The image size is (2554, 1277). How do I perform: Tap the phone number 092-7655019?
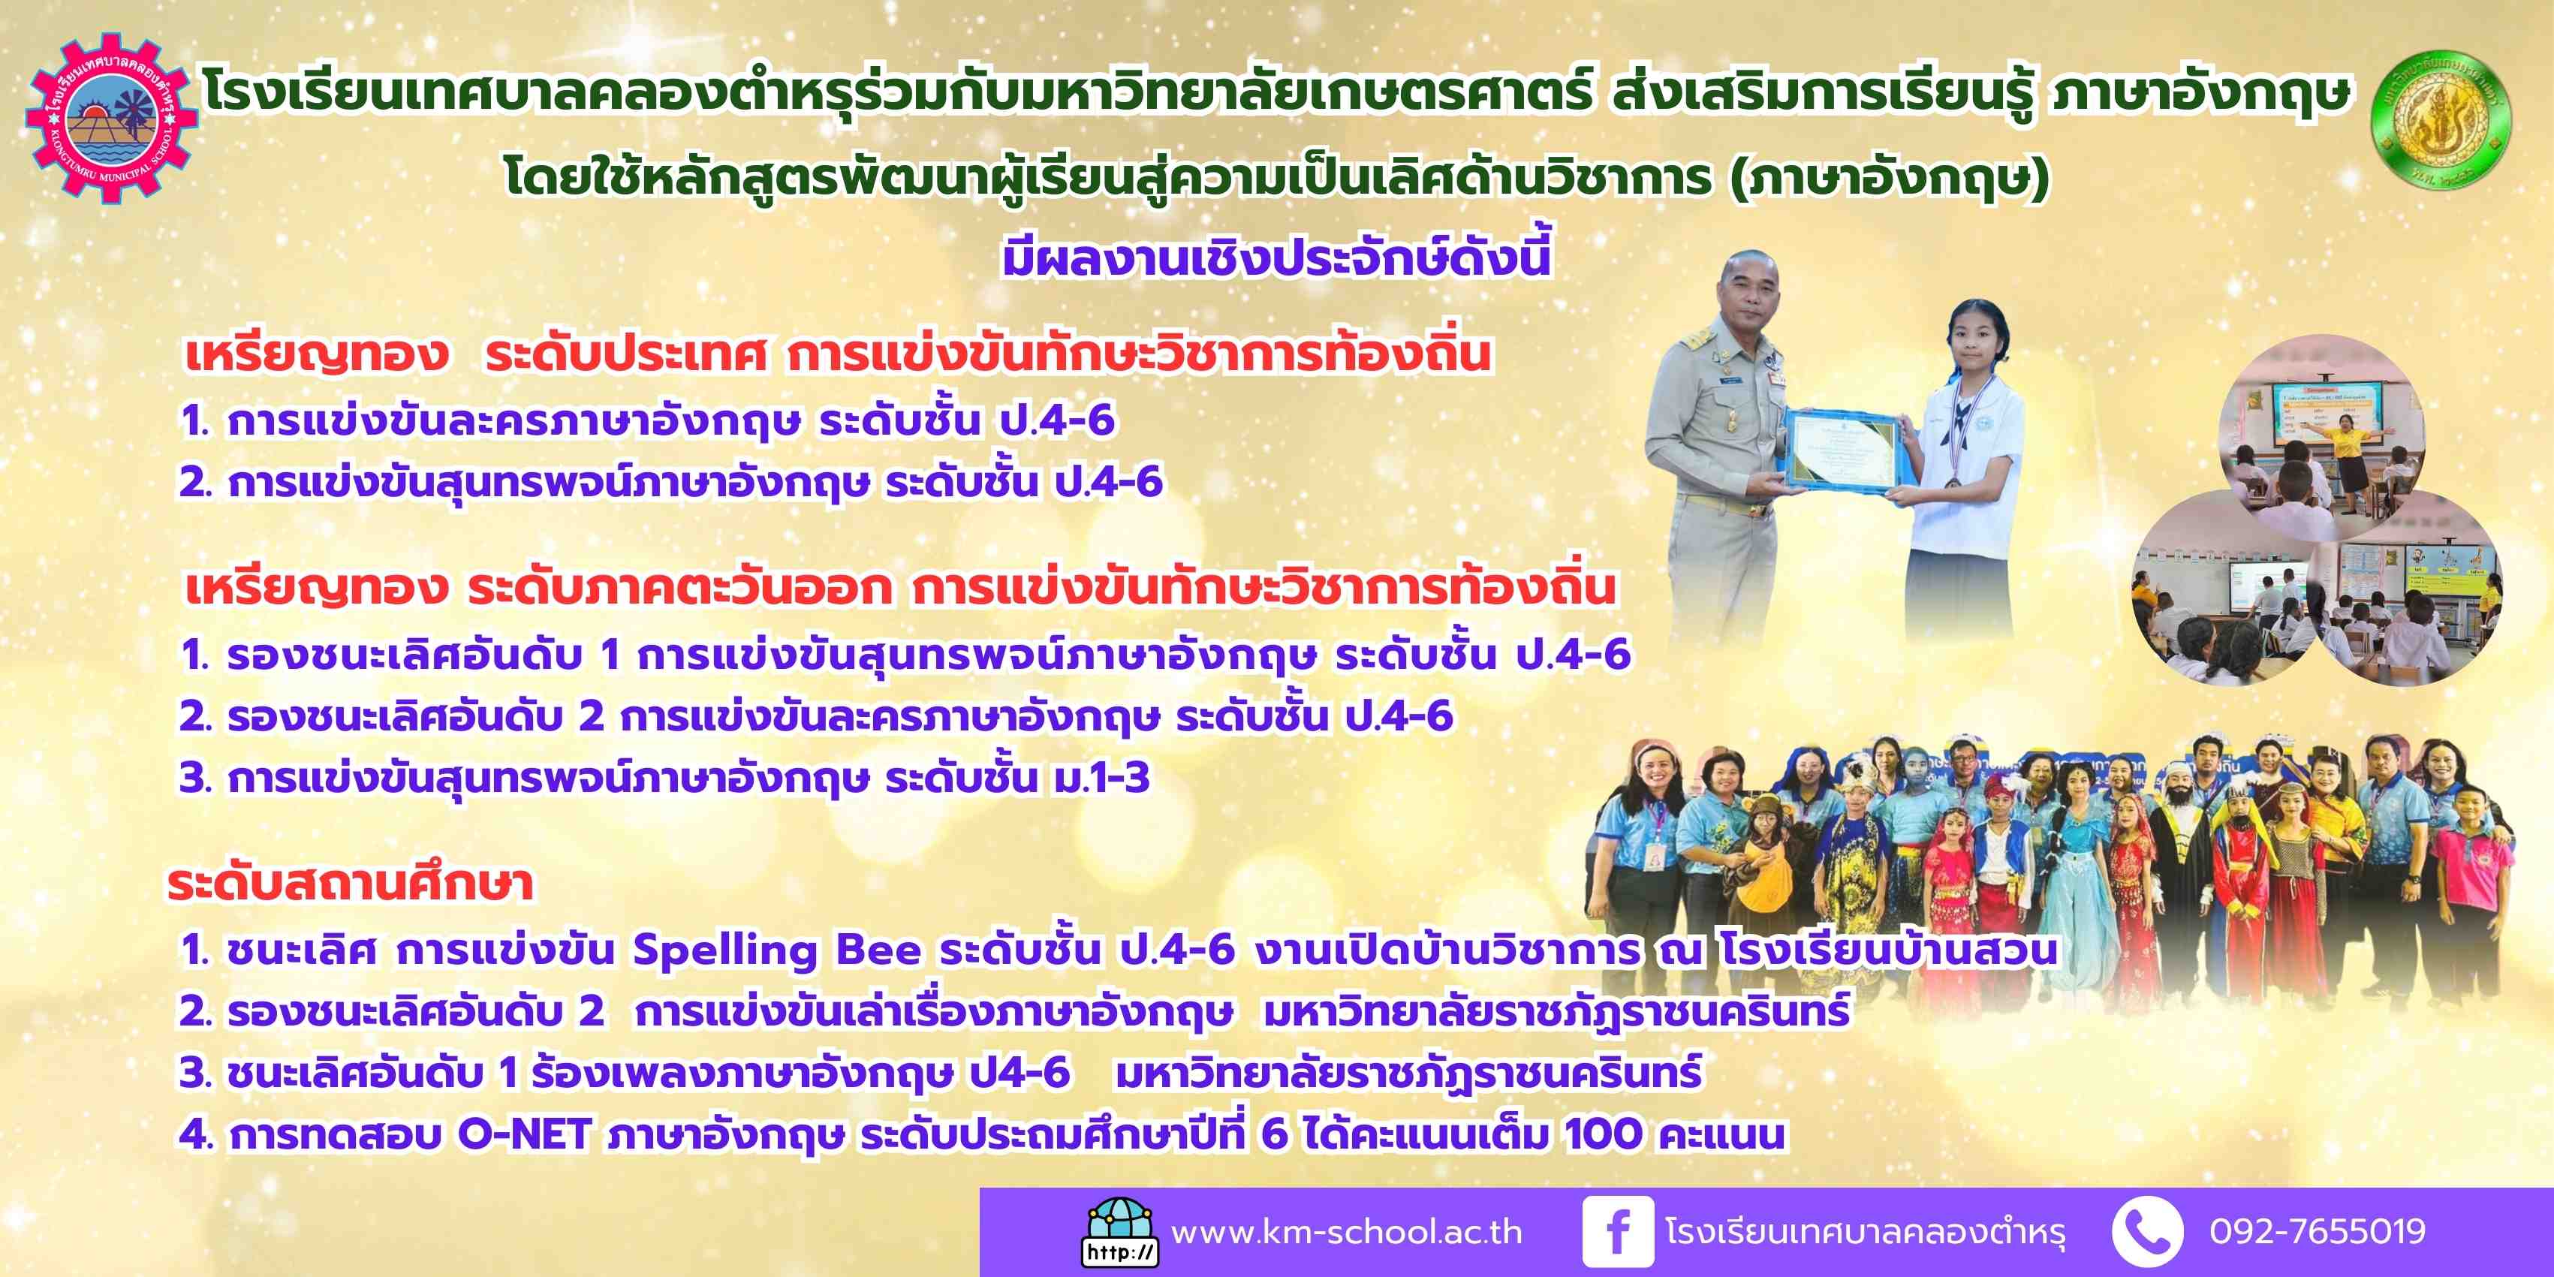pyautogui.click(x=2317, y=1231)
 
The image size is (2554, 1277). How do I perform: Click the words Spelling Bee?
pyautogui.click(x=777, y=951)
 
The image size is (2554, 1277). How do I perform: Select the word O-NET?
pyautogui.click(x=525, y=1134)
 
